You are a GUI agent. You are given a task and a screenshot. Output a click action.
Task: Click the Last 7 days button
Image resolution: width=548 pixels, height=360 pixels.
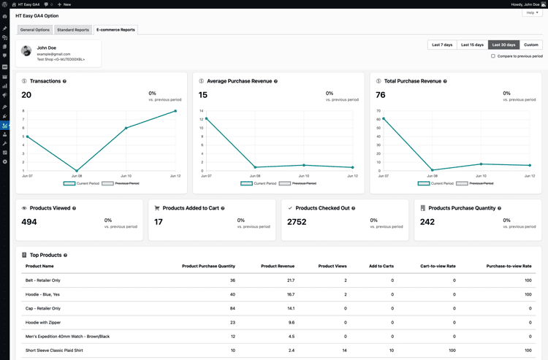pyautogui.click(x=442, y=45)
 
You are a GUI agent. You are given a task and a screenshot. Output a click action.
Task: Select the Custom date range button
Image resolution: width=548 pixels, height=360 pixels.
pyautogui.click(x=531, y=45)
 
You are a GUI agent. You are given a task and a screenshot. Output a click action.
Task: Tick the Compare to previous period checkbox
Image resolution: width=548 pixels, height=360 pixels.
pyautogui.click(x=493, y=56)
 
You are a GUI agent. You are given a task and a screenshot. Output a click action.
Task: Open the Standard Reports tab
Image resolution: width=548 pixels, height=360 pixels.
pyautogui.click(x=73, y=30)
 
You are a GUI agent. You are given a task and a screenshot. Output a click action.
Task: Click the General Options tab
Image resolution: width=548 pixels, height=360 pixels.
pyautogui.click(x=35, y=30)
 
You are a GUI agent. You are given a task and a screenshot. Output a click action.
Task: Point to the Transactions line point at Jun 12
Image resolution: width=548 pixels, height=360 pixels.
pyautogui.click(x=175, y=111)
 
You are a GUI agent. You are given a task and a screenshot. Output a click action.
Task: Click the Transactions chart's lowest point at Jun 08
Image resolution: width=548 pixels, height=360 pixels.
pyautogui.click(x=77, y=170)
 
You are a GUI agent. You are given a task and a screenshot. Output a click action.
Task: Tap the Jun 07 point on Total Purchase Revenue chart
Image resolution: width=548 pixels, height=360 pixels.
pyautogui.click(x=384, y=118)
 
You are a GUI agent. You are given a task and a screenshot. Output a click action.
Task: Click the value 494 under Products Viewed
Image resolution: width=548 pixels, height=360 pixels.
pyautogui.click(x=29, y=222)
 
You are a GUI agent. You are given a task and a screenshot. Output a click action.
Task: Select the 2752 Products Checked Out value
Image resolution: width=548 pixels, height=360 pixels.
pyautogui.click(x=297, y=222)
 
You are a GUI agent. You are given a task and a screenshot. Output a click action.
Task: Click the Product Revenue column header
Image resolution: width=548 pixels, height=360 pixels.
pyautogui.click(x=278, y=267)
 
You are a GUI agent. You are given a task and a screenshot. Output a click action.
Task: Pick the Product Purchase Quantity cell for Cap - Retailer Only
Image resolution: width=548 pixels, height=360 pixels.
pyautogui.click(x=232, y=308)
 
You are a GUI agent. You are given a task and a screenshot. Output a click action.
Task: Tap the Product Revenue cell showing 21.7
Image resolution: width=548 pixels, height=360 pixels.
pyautogui.click(x=290, y=280)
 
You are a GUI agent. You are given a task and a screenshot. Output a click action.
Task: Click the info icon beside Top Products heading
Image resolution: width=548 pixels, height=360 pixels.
pyautogui.click(x=65, y=256)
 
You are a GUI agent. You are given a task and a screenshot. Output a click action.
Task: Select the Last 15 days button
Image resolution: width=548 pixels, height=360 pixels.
pyautogui.click(x=472, y=45)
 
